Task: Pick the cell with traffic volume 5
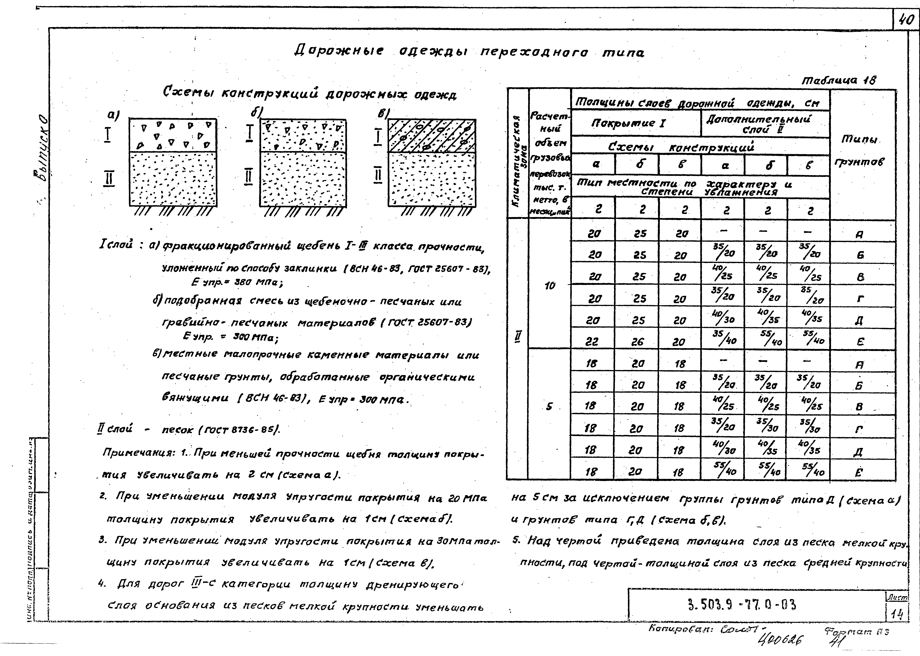click(549, 407)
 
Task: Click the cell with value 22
click(592, 342)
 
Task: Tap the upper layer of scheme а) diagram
click(173, 135)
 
